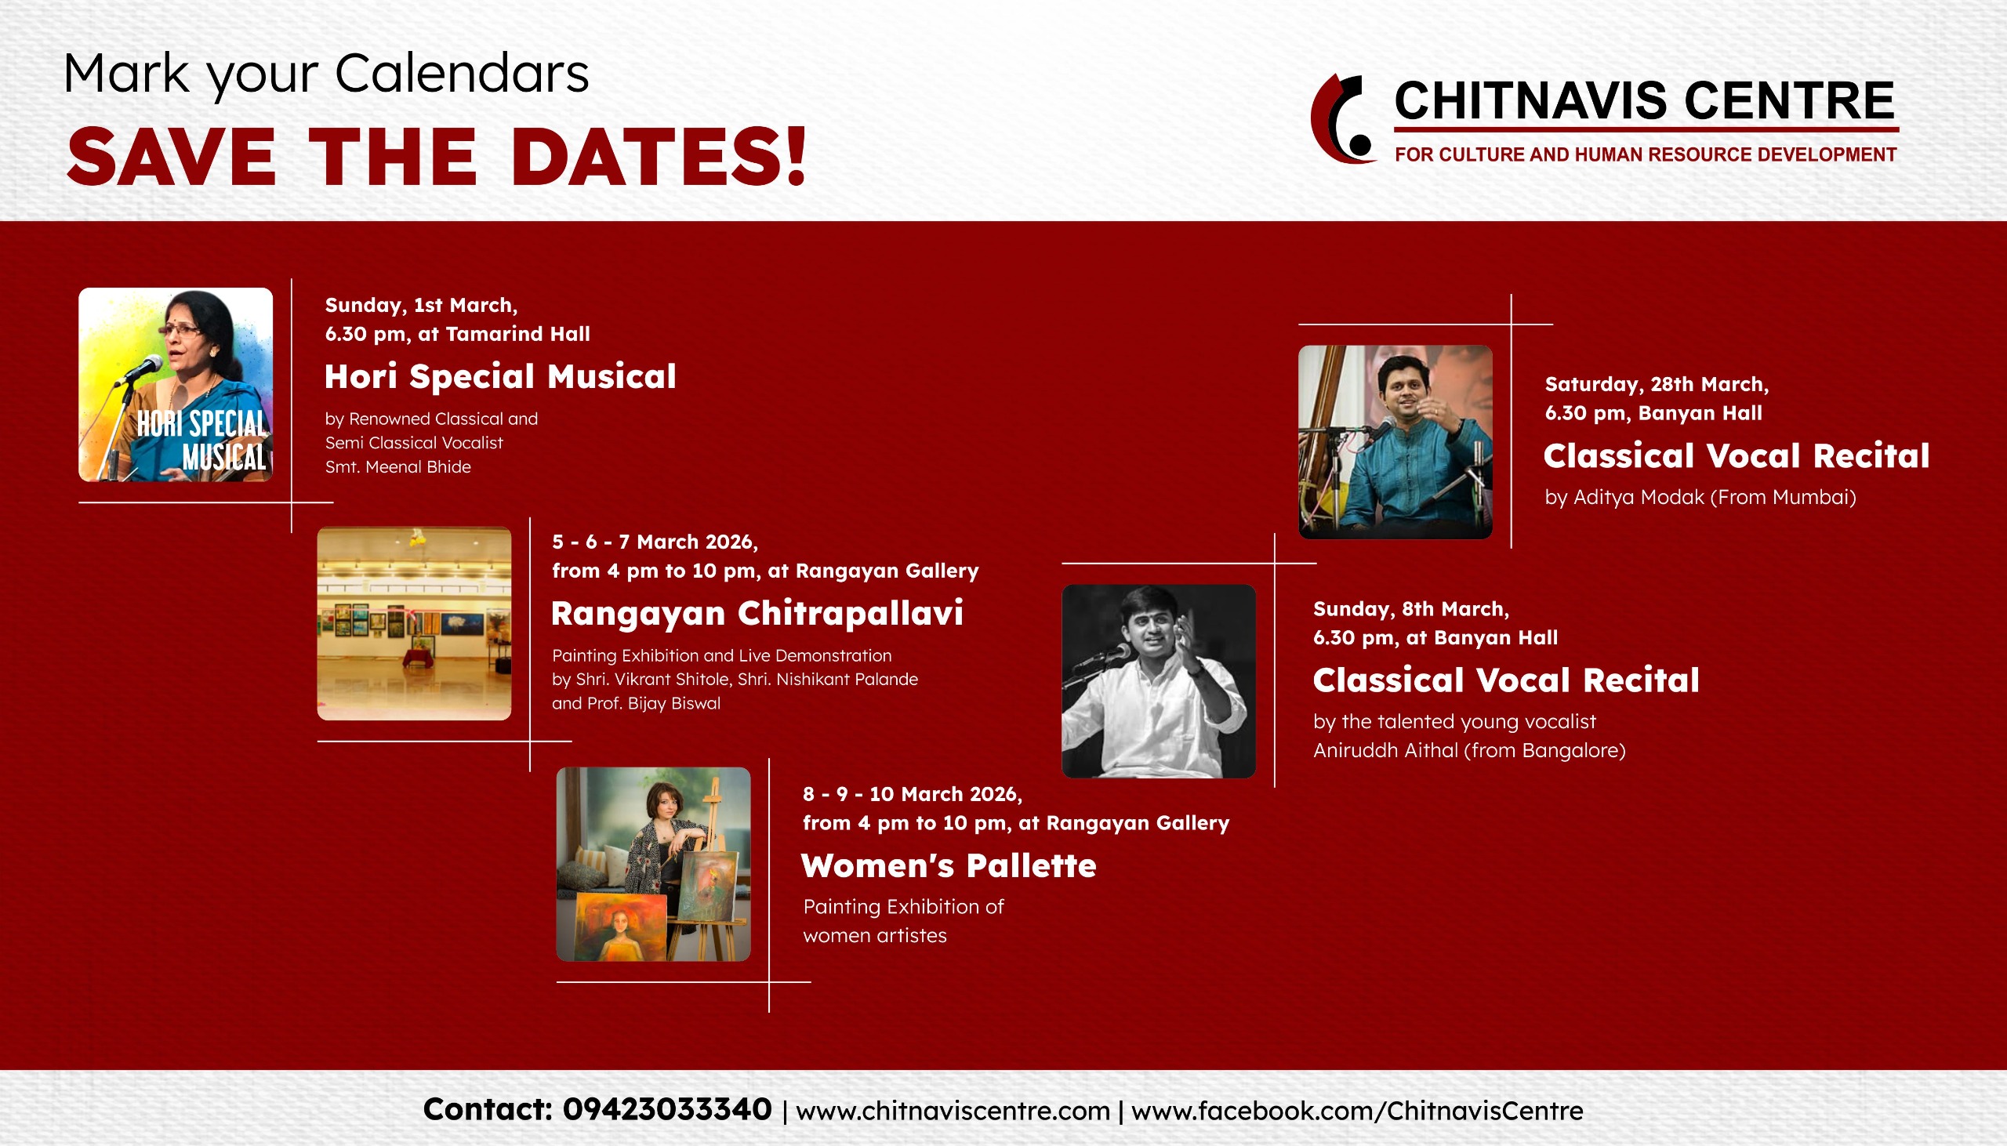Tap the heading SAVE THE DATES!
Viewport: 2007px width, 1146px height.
tap(437, 158)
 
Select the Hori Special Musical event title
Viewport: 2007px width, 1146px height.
tap(500, 376)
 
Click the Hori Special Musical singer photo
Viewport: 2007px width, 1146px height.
tap(176, 385)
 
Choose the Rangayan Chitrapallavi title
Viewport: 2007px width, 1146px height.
tap(757, 614)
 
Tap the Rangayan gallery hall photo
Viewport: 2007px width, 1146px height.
tap(414, 623)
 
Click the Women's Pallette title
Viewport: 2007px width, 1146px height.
tap(949, 866)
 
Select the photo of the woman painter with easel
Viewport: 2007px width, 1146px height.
tap(653, 865)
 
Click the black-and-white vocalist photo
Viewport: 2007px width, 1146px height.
tap(1159, 681)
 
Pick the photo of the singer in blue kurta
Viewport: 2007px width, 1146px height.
tap(1395, 442)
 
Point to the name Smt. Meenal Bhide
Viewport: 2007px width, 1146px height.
tap(398, 466)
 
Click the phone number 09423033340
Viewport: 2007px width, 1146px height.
tap(666, 1110)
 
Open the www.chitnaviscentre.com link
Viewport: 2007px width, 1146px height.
tap(953, 1112)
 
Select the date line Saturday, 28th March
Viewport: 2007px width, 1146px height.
tap(1657, 384)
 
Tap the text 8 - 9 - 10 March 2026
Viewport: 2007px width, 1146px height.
tap(913, 794)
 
